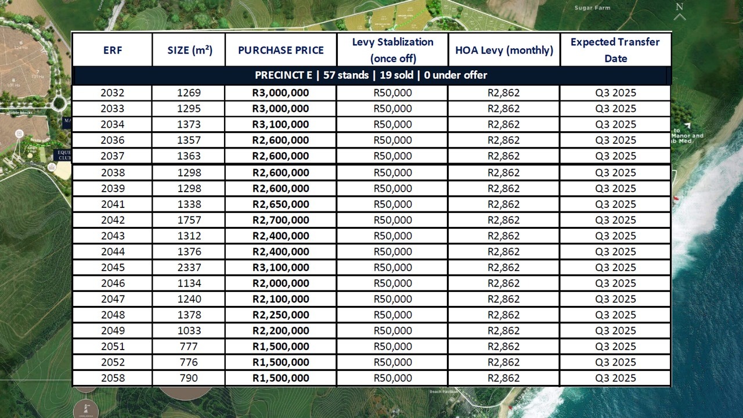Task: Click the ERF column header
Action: pos(113,50)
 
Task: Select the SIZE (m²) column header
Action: pos(190,50)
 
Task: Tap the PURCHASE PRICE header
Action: pos(281,50)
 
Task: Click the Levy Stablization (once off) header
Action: pos(392,50)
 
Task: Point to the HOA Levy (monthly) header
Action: pos(504,50)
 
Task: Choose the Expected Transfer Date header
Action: pos(615,50)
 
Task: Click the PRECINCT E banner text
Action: pos(371,75)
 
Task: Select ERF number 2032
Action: pos(112,93)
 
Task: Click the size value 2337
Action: pos(189,268)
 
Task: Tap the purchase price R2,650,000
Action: pos(281,204)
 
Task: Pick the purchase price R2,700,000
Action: pos(281,220)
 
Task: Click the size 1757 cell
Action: pos(189,220)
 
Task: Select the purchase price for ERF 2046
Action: pos(281,283)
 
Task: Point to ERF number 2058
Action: pos(112,378)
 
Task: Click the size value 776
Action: pos(189,362)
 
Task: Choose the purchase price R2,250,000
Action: pos(281,315)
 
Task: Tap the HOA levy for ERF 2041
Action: pos(503,204)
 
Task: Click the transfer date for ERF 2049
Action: pos(615,331)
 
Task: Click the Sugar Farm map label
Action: pos(592,8)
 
